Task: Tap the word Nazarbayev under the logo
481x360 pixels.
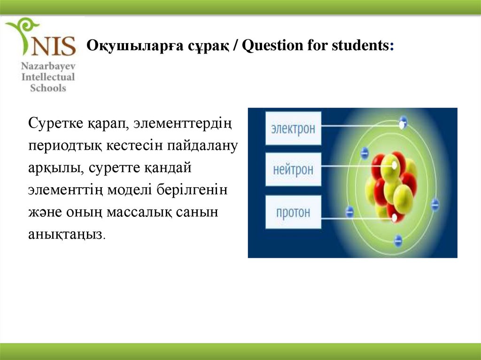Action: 48,66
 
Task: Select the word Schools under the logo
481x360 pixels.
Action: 48,88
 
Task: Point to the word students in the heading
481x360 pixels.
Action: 360,46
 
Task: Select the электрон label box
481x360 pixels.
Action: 293,128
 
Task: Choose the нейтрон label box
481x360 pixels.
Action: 293,169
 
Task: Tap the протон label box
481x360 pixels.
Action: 293,212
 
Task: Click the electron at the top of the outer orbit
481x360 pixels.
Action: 403,120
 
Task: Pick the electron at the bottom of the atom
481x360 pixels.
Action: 398,241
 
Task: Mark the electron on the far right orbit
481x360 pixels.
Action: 435,205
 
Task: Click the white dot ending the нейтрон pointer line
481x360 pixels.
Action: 395,166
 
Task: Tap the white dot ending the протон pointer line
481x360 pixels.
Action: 395,218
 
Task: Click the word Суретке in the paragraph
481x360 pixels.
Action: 55,123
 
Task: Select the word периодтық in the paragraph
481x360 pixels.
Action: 65,146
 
